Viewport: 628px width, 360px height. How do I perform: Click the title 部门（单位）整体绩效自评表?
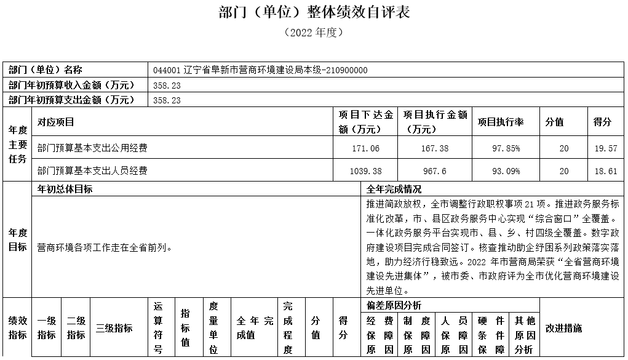[314, 12]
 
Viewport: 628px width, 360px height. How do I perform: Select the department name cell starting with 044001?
[260, 70]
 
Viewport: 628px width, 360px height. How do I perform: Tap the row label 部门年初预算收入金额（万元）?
[71, 86]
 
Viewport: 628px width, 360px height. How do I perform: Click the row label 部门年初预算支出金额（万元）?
[71, 100]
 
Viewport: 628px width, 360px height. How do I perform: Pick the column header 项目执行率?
[500, 122]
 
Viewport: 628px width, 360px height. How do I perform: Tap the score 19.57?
[605, 148]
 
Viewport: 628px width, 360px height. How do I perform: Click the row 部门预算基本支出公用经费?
[92, 148]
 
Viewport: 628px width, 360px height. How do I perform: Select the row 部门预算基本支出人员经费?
[92, 171]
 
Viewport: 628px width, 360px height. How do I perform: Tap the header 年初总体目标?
[65, 189]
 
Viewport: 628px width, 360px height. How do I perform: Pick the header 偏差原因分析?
[394, 306]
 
